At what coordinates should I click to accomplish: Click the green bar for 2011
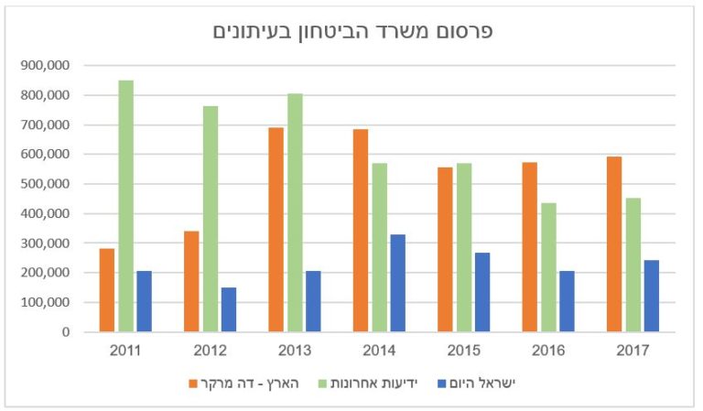(125, 206)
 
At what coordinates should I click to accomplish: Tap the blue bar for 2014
(397, 283)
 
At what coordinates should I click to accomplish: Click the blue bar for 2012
(229, 309)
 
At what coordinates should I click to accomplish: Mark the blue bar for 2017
(651, 296)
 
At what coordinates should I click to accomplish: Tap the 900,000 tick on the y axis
(45, 66)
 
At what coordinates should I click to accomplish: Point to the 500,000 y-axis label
(45, 184)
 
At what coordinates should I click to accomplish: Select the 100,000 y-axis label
(45, 302)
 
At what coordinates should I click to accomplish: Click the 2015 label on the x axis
(463, 352)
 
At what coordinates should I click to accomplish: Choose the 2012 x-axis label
(210, 352)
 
